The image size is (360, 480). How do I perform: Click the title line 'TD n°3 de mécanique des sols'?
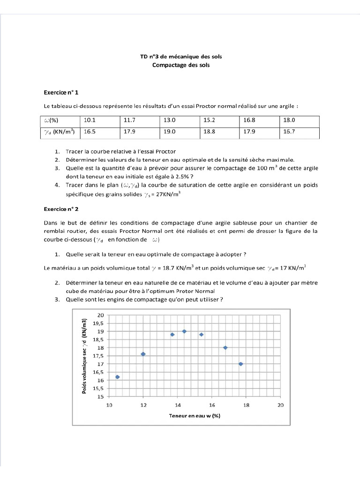click(181, 57)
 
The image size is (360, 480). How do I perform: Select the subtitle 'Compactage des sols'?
click(181, 65)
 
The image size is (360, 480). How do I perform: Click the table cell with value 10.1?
click(90, 120)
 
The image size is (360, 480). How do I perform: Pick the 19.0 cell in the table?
click(170, 132)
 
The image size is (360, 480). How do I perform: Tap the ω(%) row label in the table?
click(52, 120)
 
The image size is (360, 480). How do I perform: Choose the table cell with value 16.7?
click(289, 132)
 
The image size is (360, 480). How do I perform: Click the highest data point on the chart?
click(184, 331)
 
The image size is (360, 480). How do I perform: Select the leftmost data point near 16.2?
click(118, 377)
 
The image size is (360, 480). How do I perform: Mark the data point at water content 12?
click(143, 354)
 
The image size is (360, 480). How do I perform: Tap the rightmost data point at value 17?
click(241, 364)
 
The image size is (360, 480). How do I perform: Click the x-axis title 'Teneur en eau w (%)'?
click(195, 416)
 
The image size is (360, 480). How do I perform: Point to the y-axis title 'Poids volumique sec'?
click(85, 356)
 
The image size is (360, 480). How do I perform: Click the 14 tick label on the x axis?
click(178, 405)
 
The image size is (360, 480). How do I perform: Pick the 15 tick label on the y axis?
click(100, 397)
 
